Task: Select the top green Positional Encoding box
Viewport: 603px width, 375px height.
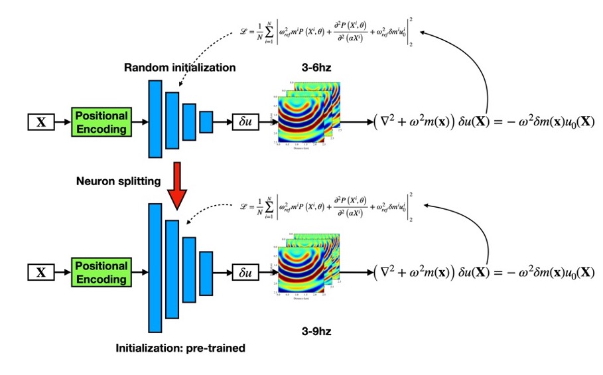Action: [101, 122]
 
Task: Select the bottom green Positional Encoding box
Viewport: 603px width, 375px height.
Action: [101, 271]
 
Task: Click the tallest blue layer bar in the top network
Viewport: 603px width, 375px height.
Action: [155, 119]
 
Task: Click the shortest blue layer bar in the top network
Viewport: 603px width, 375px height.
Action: [206, 121]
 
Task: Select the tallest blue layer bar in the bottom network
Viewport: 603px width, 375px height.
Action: [155, 267]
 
